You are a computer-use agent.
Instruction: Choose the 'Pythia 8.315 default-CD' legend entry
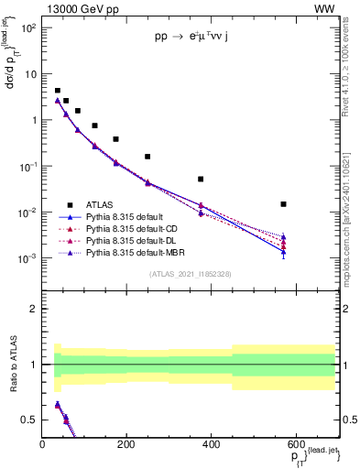[x=127, y=228]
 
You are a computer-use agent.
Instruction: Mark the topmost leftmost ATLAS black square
[x=57, y=91]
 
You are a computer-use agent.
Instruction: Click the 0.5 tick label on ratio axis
[x=30, y=420]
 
